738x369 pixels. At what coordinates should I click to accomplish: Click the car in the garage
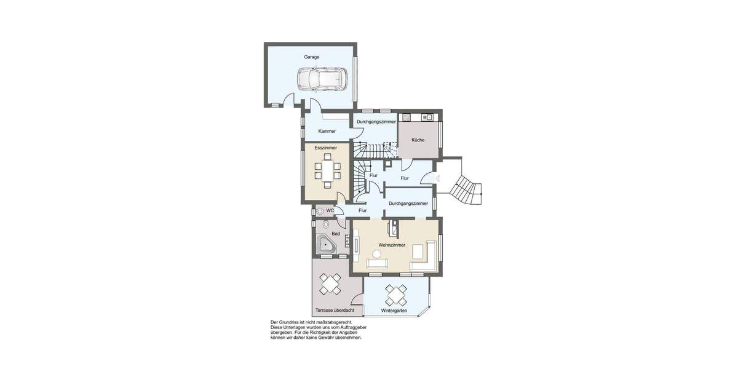tap(322, 79)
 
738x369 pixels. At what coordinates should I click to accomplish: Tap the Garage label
tap(311, 57)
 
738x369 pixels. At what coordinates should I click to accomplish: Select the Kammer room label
tap(327, 131)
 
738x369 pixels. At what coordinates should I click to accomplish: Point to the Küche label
tap(418, 140)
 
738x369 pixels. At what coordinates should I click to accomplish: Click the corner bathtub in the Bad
tap(325, 247)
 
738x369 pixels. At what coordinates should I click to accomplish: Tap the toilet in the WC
tap(319, 210)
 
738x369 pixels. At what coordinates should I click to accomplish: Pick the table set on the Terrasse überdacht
tap(330, 284)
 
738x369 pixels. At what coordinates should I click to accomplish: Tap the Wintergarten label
tap(394, 311)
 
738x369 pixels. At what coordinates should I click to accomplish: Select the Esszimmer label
tap(325, 148)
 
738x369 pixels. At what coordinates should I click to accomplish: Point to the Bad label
tap(336, 234)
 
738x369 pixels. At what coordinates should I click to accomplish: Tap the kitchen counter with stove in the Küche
tap(418, 117)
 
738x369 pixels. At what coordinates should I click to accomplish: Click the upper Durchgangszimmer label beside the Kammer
tap(376, 122)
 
